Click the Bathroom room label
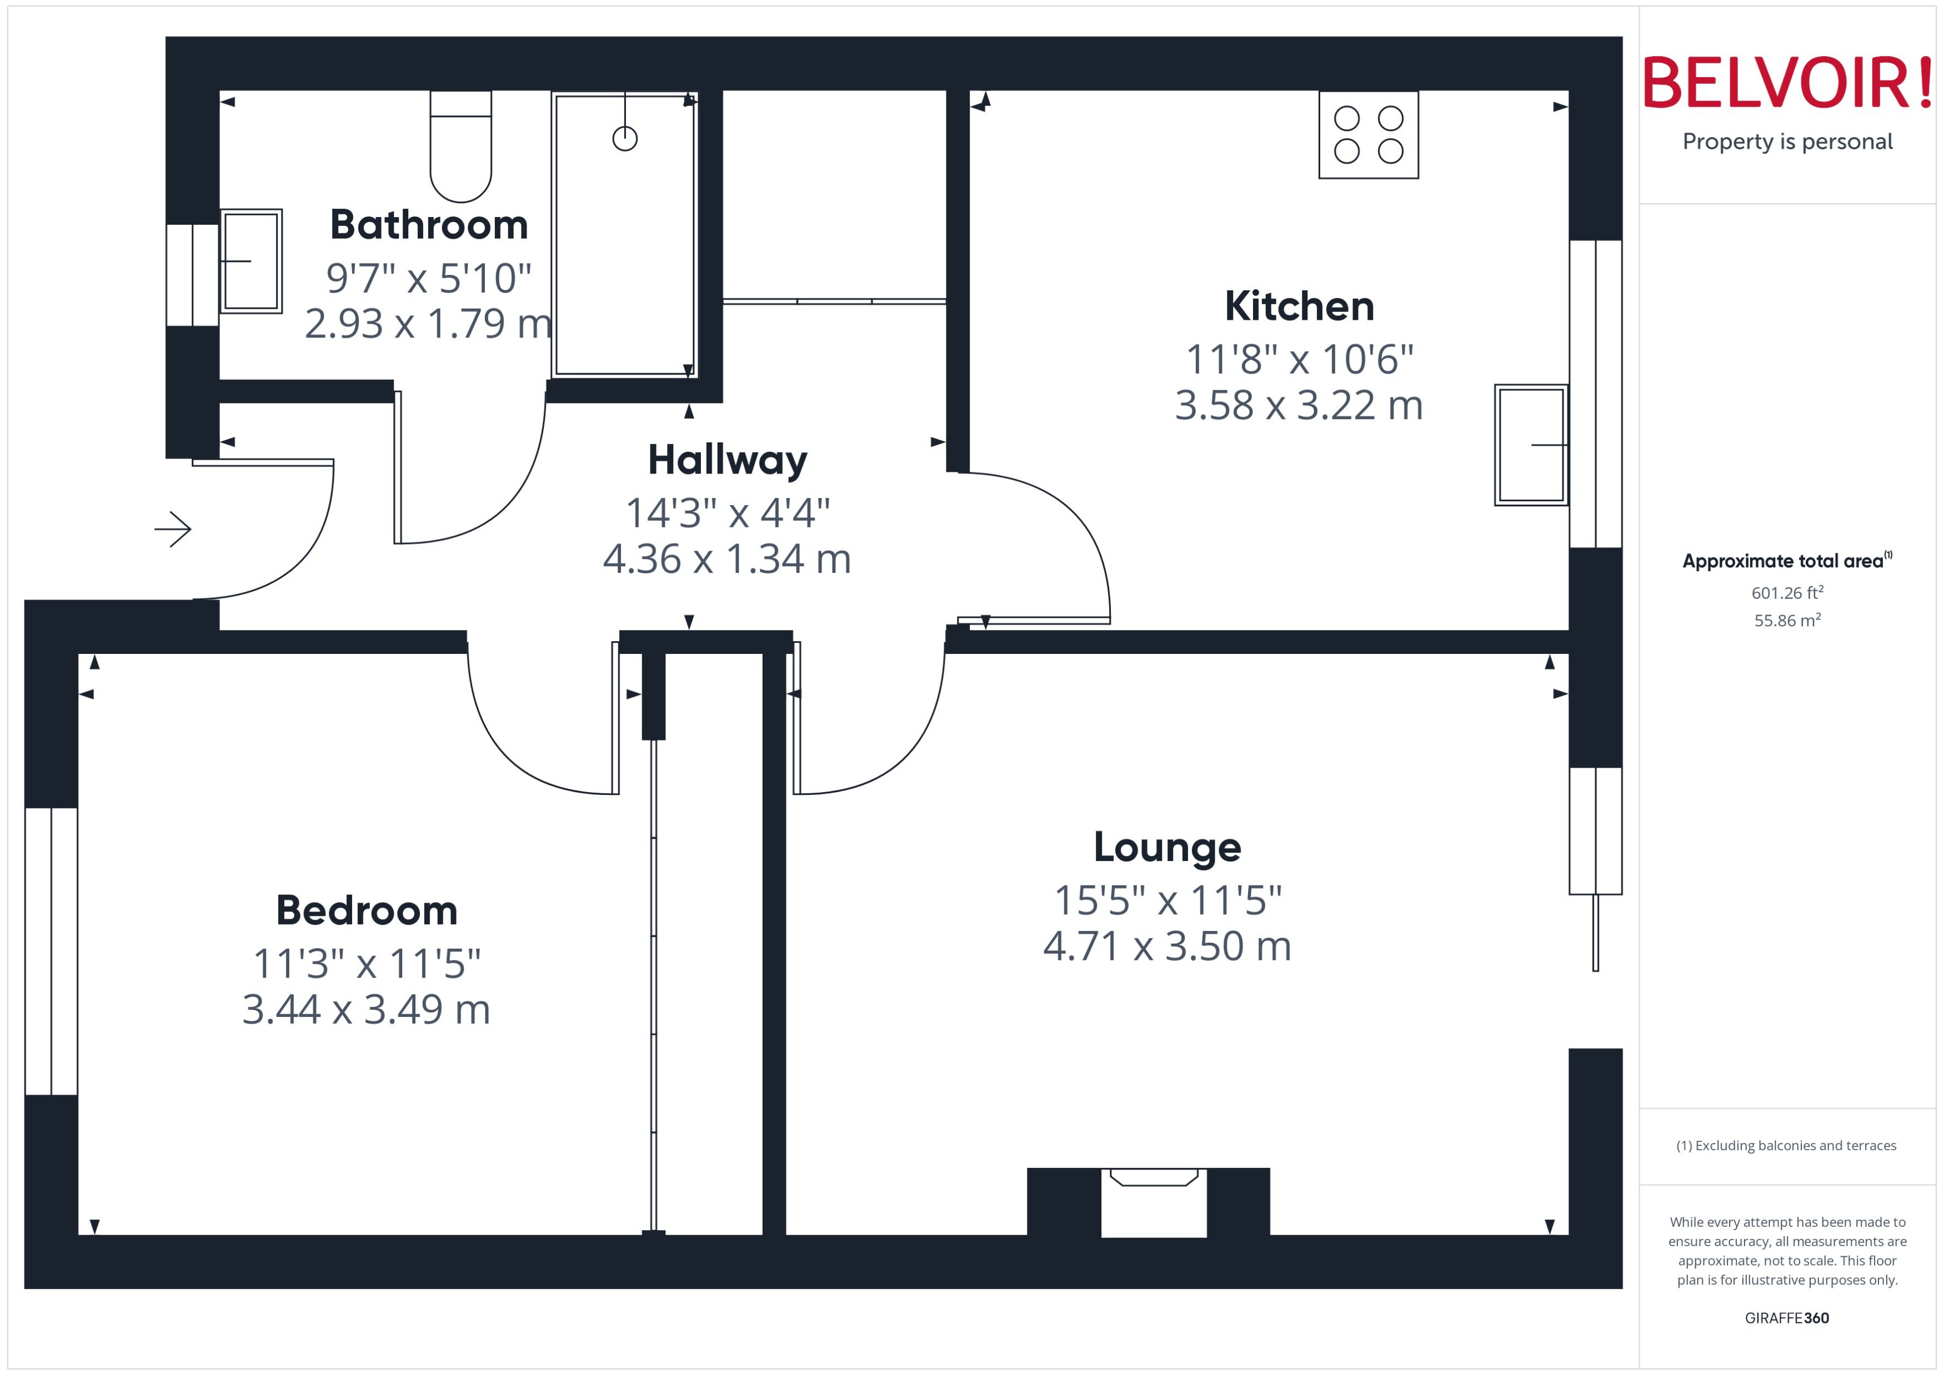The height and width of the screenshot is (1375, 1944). (429, 225)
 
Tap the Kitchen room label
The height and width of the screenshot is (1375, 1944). (1299, 306)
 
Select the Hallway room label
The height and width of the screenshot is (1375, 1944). (727, 461)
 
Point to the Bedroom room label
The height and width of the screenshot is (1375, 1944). (367, 911)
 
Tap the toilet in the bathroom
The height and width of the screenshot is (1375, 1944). (461, 148)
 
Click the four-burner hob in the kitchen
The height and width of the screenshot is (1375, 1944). (1368, 135)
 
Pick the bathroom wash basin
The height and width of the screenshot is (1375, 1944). (250, 261)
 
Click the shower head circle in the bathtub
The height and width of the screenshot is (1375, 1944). (624, 138)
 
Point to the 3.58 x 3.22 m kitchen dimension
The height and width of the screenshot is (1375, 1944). (1299, 406)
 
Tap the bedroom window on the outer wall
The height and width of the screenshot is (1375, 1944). (52, 951)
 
